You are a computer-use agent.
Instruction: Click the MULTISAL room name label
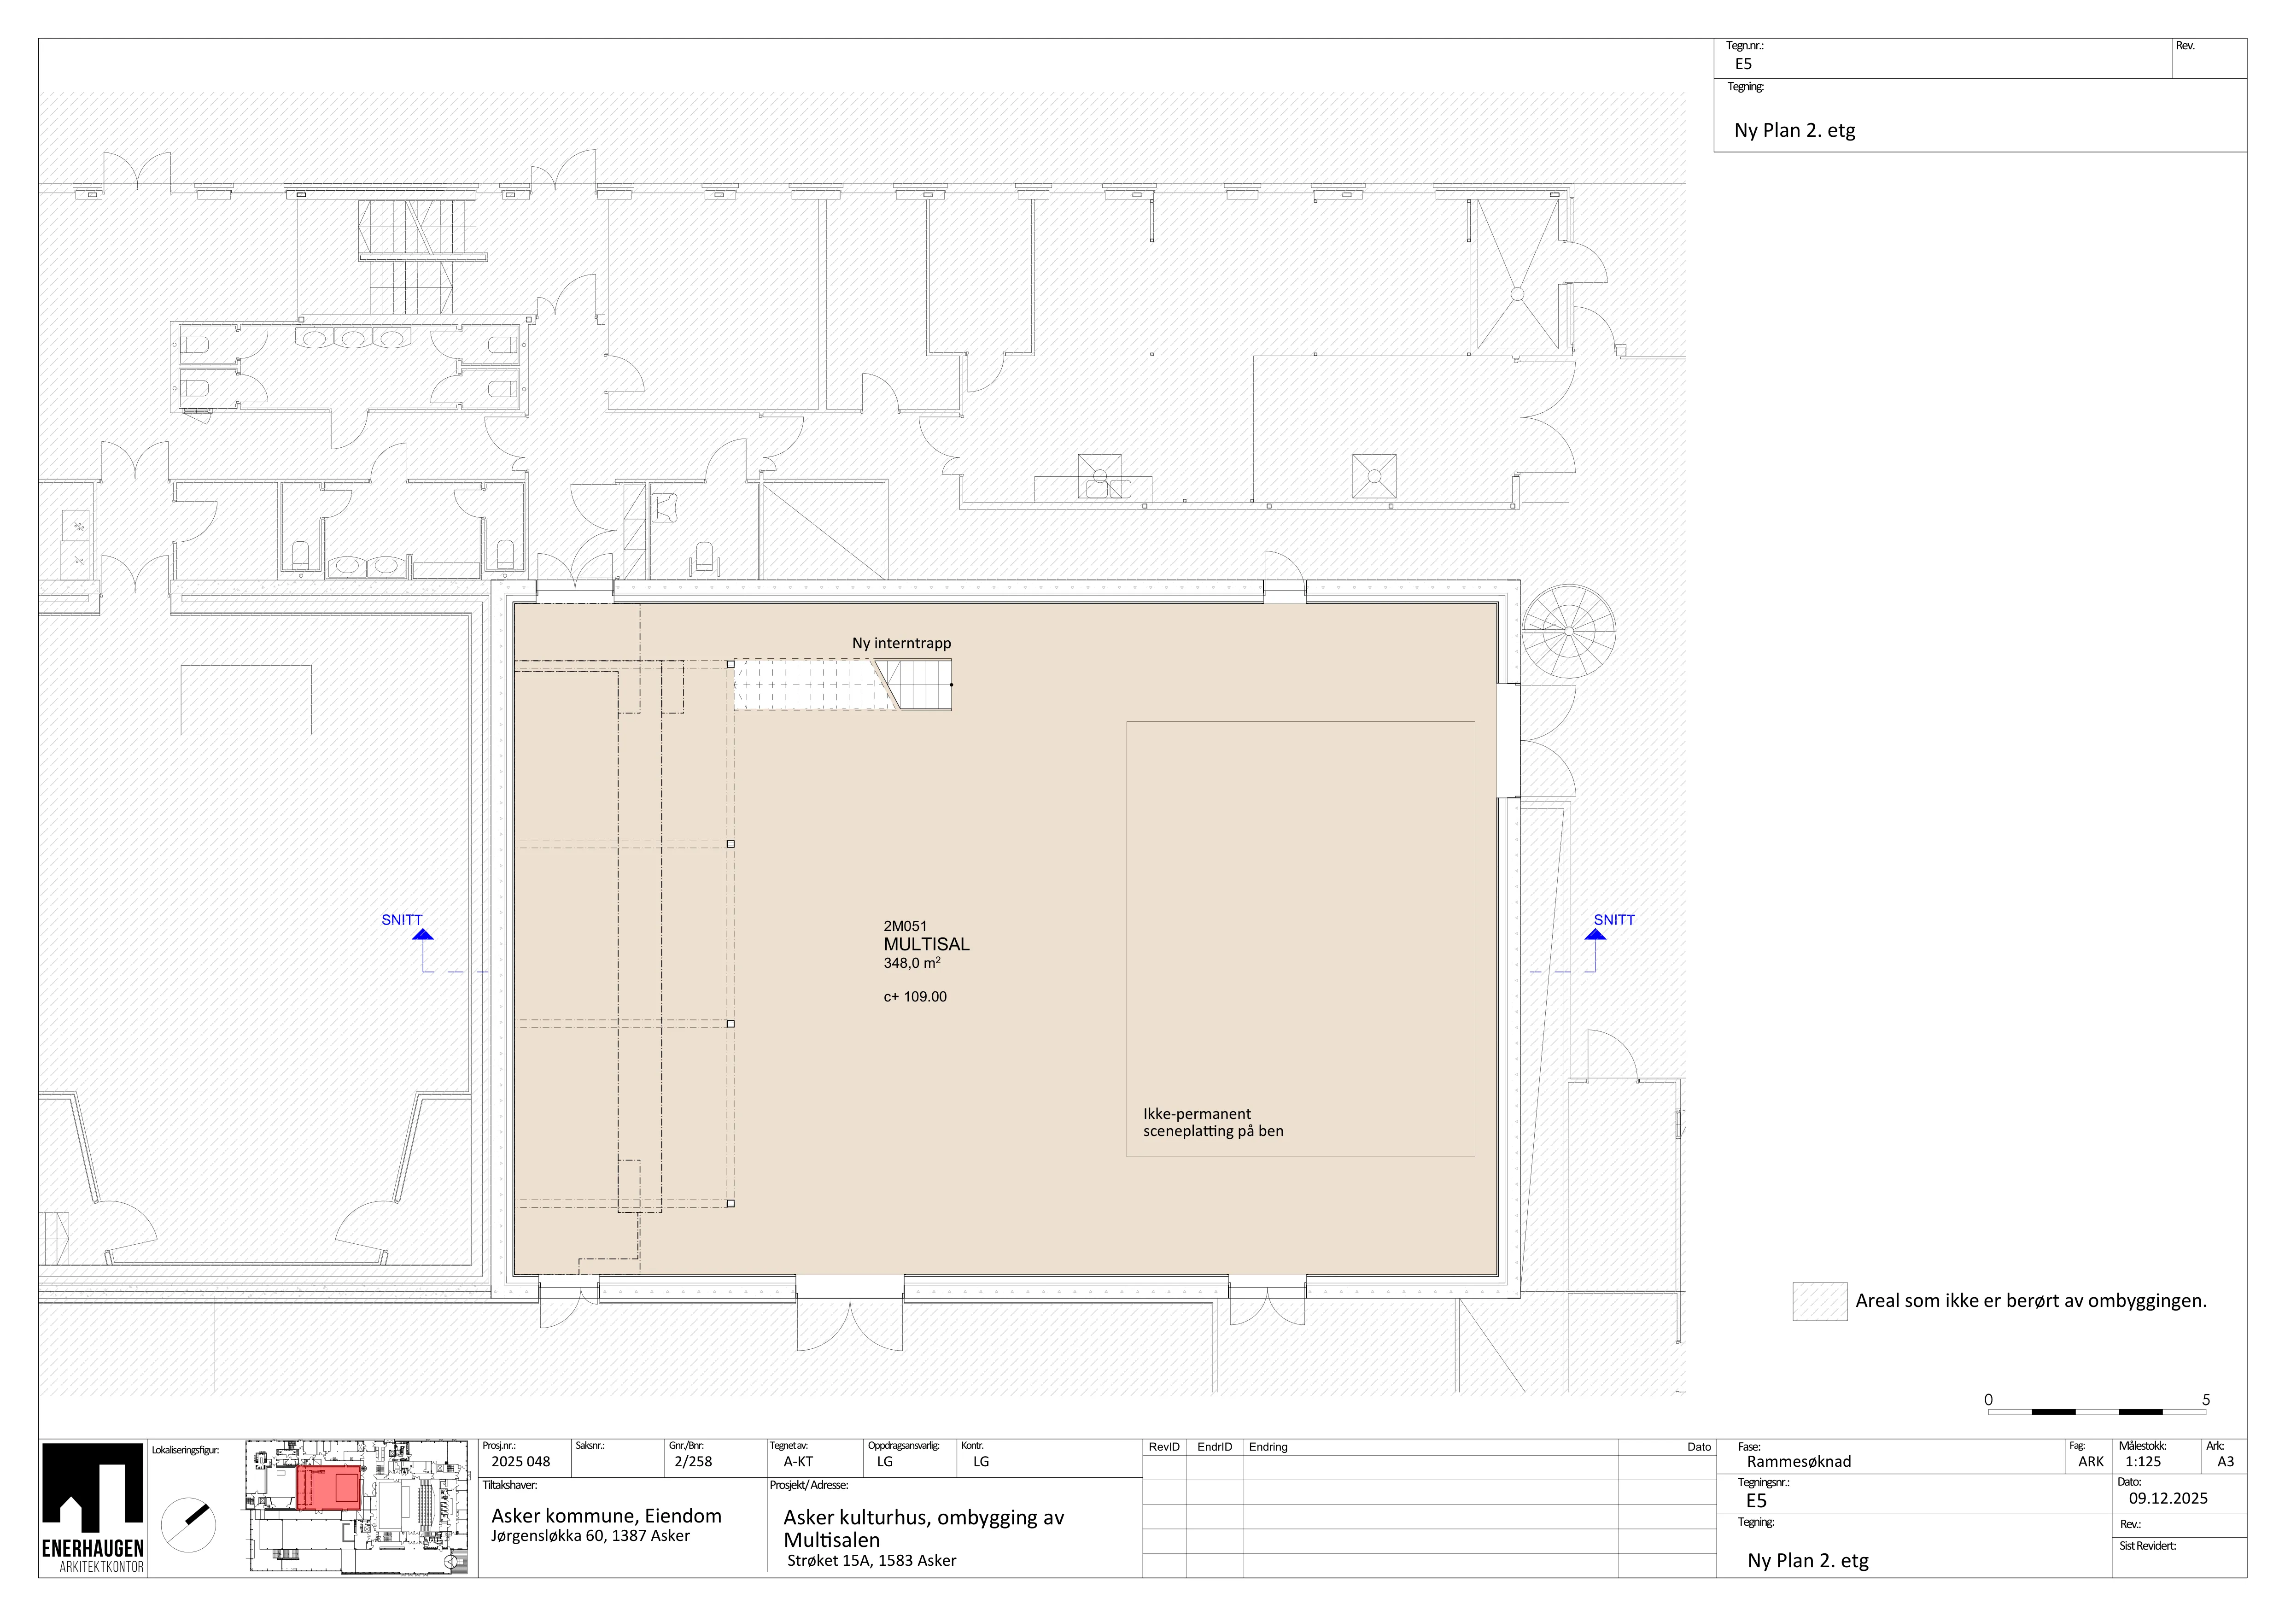coord(925,944)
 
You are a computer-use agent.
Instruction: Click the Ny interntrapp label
coord(900,643)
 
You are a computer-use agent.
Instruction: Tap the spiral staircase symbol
coord(1568,631)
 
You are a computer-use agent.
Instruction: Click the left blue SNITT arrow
coord(423,934)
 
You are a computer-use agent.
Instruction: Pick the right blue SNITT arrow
coord(1595,934)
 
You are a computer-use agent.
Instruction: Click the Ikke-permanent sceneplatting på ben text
coord(1213,1123)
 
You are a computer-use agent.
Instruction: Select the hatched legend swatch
coord(1819,1301)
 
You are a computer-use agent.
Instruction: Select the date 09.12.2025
coord(2168,1499)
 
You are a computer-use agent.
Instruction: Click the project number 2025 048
coord(520,1462)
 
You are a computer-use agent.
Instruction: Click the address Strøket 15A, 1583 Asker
coord(872,1560)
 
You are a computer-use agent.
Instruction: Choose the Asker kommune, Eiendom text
coord(606,1516)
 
